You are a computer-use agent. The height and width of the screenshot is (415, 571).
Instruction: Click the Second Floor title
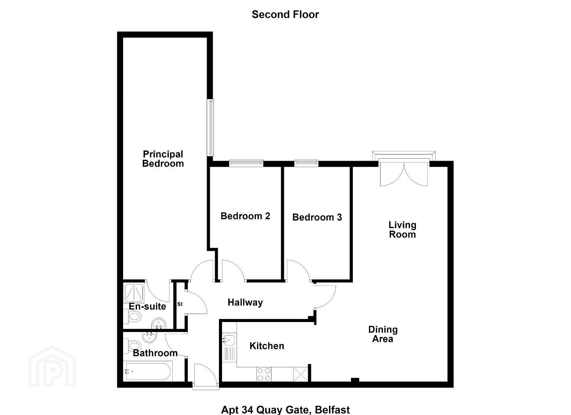[x=285, y=15]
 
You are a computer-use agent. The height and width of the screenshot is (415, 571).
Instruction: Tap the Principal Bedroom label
[x=163, y=159]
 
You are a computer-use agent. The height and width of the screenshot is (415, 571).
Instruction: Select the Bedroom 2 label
[x=245, y=216]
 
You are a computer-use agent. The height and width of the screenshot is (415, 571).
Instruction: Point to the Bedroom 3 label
[x=317, y=217]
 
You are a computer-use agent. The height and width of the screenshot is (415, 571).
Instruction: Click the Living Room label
[x=402, y=230]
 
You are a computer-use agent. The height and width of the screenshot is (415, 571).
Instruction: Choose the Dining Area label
[x=383, y=334]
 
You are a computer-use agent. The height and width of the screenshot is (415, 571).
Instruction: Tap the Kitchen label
[x=267, y=346]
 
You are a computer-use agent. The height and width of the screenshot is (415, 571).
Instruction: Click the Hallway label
[x=245, y=302]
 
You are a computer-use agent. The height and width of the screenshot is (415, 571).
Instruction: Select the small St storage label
[x=180, y=304]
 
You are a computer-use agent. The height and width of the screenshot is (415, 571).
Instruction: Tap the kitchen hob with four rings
[x=264, y=374]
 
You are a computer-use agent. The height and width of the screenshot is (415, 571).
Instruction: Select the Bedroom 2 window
[x=246, y=163]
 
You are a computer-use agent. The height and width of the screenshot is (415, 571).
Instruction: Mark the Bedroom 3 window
[x=306, y=163]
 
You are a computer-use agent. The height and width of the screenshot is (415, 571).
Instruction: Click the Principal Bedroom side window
[x=210, y=128]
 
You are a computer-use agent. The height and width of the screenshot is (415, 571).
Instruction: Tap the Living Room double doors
[x=404, y=173]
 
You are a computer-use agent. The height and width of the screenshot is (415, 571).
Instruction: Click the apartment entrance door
[x=206, y=376]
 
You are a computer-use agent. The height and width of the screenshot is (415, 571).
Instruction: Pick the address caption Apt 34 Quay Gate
[x=285, y=410]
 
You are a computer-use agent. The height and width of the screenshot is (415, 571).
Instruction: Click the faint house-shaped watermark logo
[x=52, y=366]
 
